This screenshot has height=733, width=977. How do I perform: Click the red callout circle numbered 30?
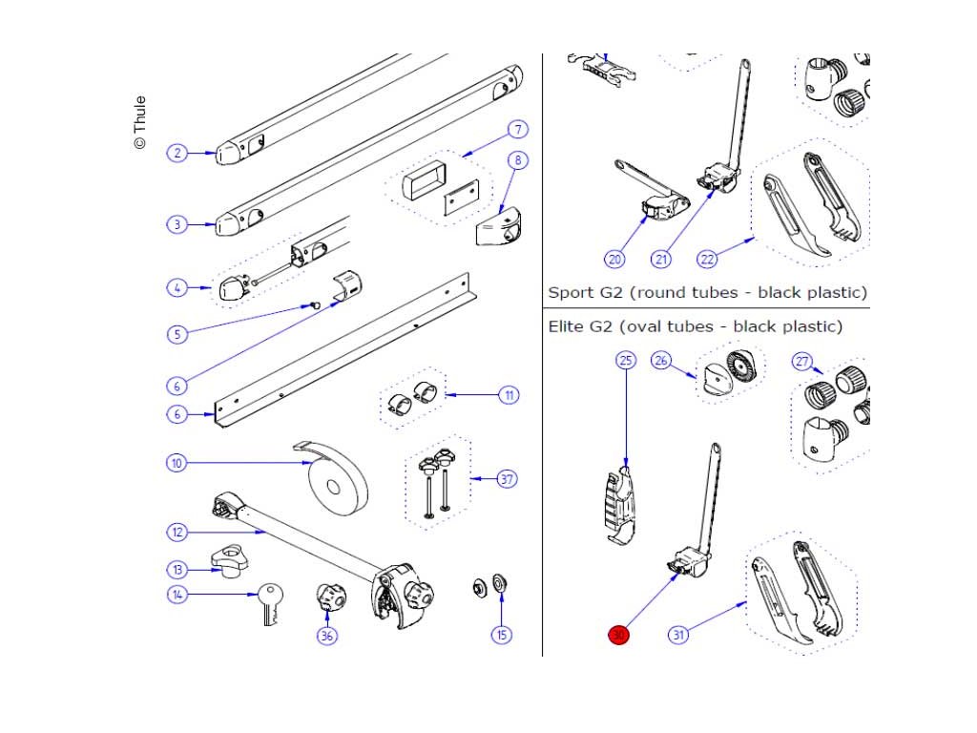[x=618, y=635]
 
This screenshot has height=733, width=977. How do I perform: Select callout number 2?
[x=177, y=153]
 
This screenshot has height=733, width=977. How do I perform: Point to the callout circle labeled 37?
[x=508, y=479]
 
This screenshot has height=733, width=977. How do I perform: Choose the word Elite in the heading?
[x=565, y=326]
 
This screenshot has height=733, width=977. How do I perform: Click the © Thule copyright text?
[x=139, y=122]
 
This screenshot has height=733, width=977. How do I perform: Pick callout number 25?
[x=626, y=360]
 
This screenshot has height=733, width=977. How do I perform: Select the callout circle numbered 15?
[x=502, y=635]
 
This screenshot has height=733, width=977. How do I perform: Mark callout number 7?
[x=518, y=130]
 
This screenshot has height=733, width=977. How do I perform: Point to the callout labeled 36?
[x=326, y=636]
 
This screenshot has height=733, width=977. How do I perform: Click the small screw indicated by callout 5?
[x=315, y=305]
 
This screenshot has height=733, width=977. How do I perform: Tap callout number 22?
[x=707, y=259]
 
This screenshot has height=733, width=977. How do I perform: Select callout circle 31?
[x=678, y=635]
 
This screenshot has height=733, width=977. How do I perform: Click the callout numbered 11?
[x=509, y=395]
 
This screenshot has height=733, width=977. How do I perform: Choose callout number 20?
[x=615, y=259]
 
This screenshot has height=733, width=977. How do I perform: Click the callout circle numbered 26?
[x=661, y=360]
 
